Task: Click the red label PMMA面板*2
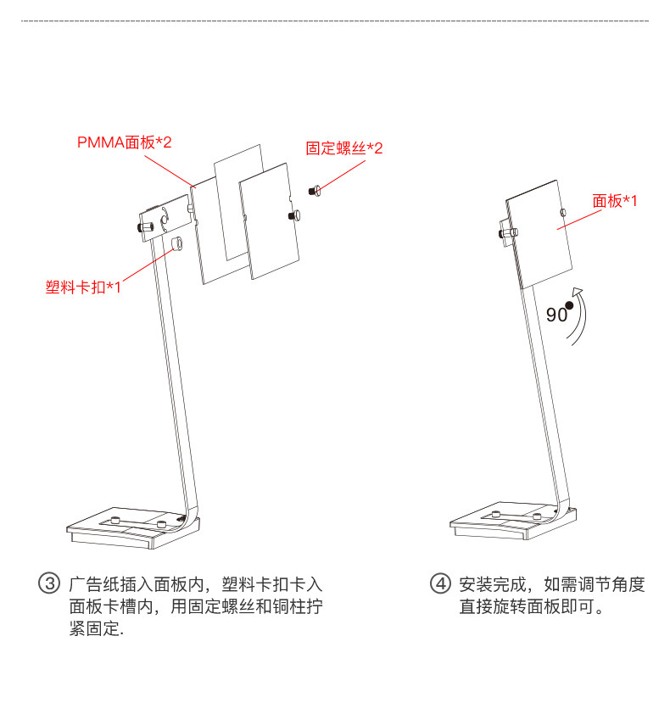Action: pyautogui.click(x=125, y=142)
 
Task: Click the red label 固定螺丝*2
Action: pyautogui.click(x=344, y=148)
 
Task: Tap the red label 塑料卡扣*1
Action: pyautogui.click(x=83, y=287)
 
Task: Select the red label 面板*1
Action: pyautogui.click(x=614, y=200)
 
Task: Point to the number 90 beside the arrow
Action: pyautogui.click(x=556, y=315)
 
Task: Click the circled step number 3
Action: pyautogui.click(x=50, y=584)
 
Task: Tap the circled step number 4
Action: pyautogui.click(x=439, y=584)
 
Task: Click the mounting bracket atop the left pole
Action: pyautogui.click(x=165, y=219)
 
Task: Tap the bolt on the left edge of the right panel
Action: pyautogui.click(x=506, y=231)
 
